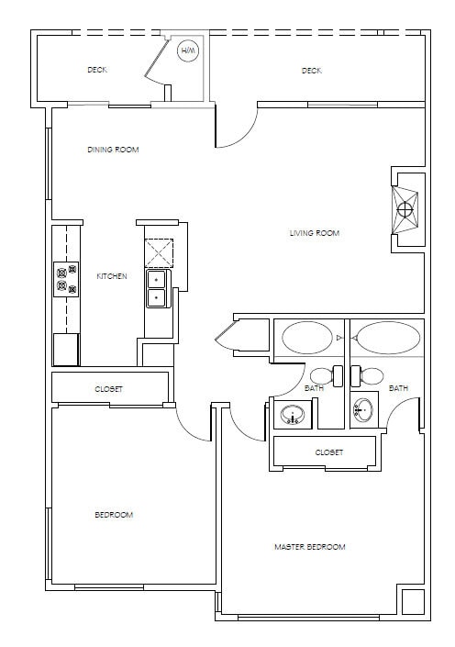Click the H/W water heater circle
point(188,51)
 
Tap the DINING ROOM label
point(113,150)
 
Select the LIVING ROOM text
point(315,233)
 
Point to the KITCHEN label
point(112,276)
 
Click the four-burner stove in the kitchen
point(66,277)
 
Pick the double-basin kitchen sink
point(157,287)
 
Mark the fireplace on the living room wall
point(405,209)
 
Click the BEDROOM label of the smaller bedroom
point(114,515)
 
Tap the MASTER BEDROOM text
point(310,547)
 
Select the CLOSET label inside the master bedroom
point(328,452)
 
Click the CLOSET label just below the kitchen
point(108,389)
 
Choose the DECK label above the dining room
point(97,70)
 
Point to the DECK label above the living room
point(311,71)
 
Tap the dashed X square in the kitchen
point(159,251)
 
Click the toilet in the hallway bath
point(320,375)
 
